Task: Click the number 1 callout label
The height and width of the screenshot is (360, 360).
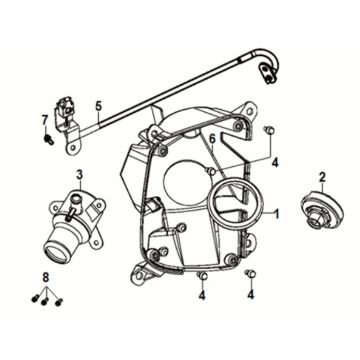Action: point(278,214)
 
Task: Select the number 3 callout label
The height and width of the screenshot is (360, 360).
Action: point(79,176)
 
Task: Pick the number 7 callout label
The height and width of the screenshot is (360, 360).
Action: point(45,120)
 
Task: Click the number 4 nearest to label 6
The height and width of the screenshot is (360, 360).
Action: point(275,160)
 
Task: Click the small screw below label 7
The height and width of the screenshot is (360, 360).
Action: point(46,138)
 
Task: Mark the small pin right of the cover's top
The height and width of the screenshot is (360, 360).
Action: point(268,130)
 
